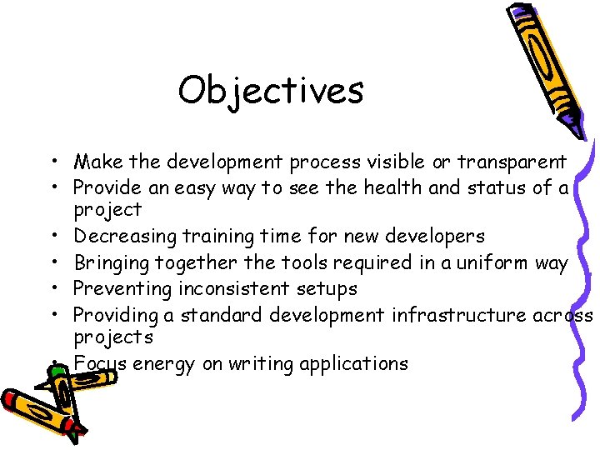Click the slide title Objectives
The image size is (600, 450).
(x=271, y=90)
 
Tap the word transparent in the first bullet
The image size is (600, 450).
(x=511, y=162)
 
